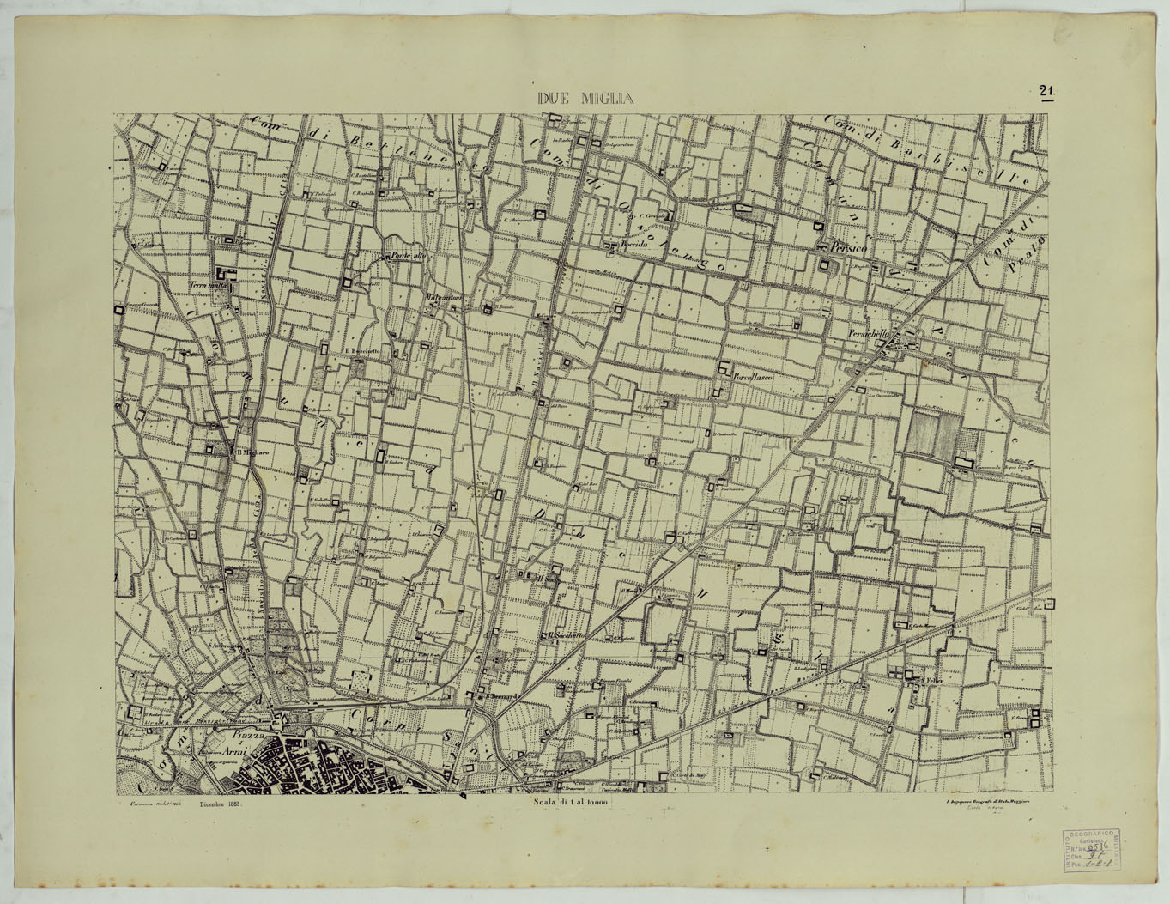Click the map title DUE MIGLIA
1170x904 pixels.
click(585, 99)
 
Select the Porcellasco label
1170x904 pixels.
click(754, 378)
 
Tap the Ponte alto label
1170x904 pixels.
click(408, 255)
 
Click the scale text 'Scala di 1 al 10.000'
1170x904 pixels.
click(569, 802)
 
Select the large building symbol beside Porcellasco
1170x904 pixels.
click(724, 370)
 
